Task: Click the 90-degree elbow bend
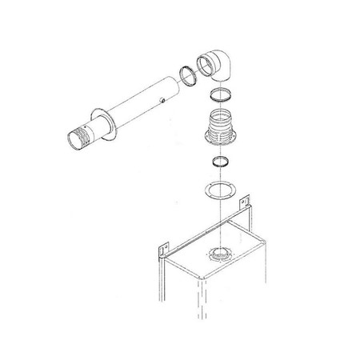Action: [221, 67]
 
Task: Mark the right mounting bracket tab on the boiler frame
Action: [243, 206]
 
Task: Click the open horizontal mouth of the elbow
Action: [206, 64]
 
